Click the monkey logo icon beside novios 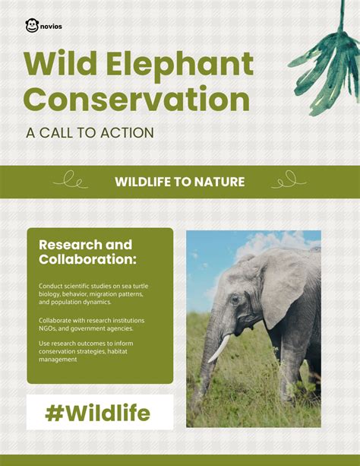pyautogui.click(x=32, y=26)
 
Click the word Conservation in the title pyautogui.click(x=137, y=100)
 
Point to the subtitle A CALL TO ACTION pyautogui.click(x=90, y=133)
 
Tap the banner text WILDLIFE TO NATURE pyautogui.click(x=179, y=182)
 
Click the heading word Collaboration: pyautogui.click(x=87, y=260)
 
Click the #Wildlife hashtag pyautogui.click(x=98, y=413)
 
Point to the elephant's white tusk pyautogui.click(x=219, y=348)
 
